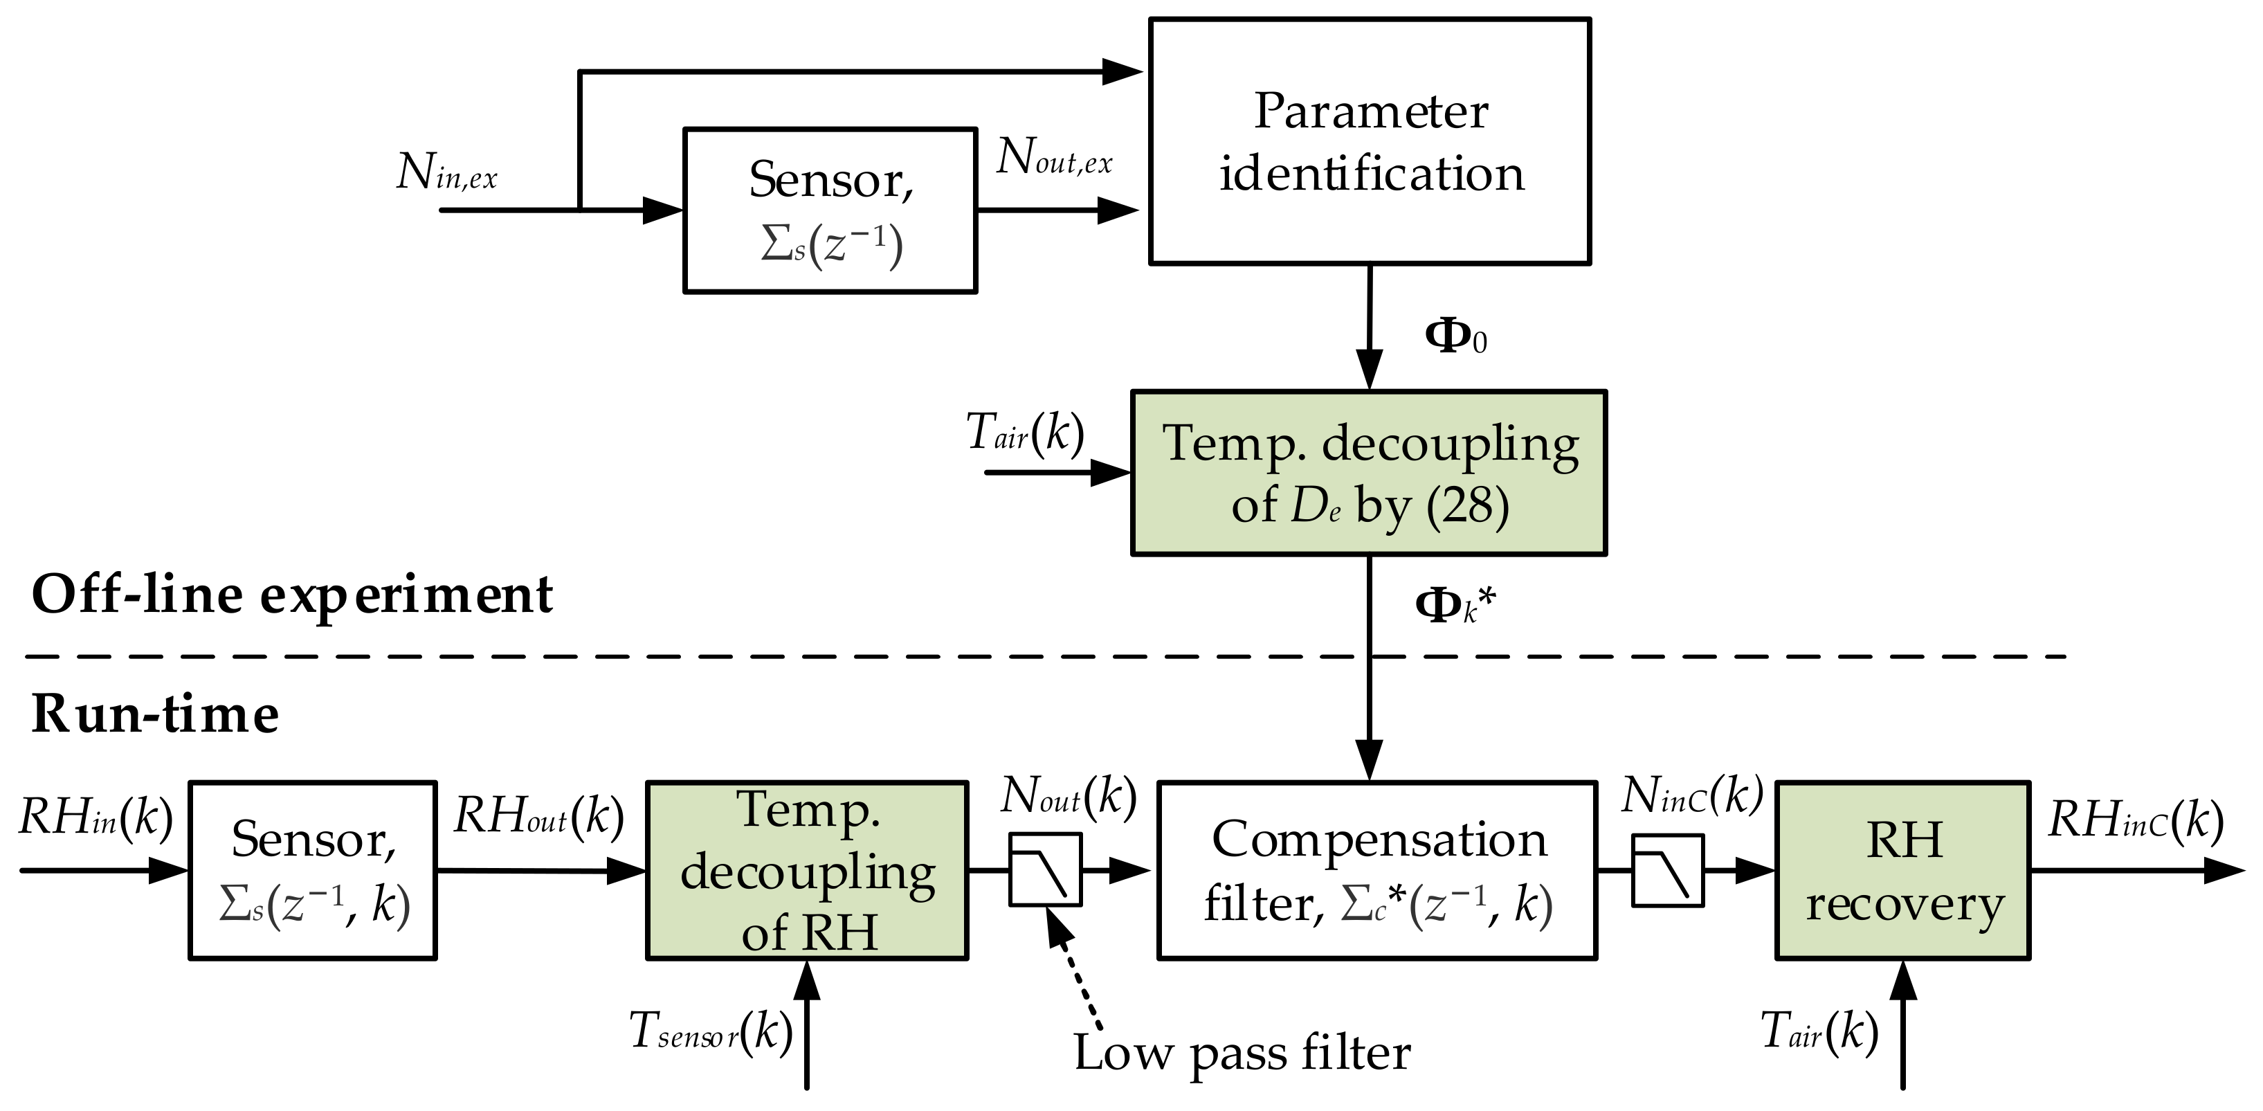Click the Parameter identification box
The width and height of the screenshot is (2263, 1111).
pos(1369,141)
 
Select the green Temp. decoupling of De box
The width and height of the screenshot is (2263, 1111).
pos(1367,473)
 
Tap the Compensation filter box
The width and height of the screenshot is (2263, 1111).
pos(1376,870)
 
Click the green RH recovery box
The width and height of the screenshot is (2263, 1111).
pos(1902,870)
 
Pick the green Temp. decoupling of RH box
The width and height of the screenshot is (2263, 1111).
pos(806,870)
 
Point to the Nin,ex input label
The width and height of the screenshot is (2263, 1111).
pos(446,172)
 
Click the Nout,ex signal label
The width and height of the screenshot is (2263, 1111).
pos(1054,159)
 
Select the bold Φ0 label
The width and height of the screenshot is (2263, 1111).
pos(1455,336)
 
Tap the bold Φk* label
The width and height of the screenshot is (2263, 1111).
pos(1454,606)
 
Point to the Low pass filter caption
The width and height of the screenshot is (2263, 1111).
pos(1242,1052)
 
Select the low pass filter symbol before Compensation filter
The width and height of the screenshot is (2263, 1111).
pos(1044,870)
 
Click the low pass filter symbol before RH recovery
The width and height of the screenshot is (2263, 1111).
pos(1667,871)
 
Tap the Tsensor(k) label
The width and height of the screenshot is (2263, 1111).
pos(711,1031)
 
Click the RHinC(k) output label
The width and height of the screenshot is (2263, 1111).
pos(2136,821)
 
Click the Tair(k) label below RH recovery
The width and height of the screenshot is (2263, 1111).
pos(1819,1031)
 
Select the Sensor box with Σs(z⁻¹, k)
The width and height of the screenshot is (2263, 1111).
pos(313,870)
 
